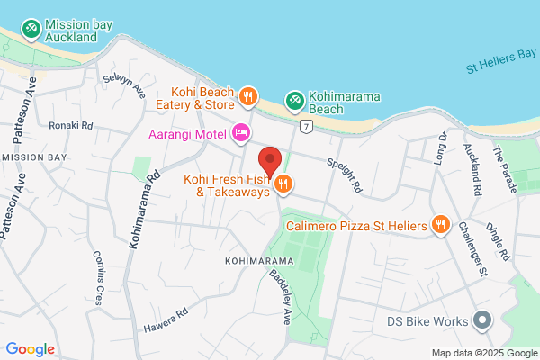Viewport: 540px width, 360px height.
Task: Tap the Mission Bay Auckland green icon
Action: [32, 30]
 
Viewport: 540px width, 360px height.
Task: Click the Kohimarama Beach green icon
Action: [294, 100]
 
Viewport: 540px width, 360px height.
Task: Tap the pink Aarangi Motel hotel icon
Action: [240, 134]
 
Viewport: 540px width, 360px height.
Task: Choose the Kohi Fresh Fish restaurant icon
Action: [283, 184]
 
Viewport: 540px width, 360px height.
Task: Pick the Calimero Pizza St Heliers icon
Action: [440, 224]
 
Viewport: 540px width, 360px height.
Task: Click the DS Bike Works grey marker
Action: [482, 320]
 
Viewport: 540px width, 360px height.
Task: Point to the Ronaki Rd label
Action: [71, 125]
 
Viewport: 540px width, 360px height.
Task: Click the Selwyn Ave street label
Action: [127, 86]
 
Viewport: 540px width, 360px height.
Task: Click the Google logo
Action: [30, 349]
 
